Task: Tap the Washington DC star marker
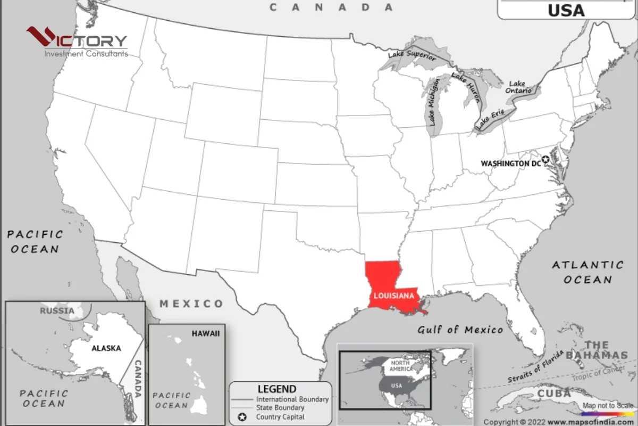point(545,159)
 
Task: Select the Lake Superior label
point(412,54)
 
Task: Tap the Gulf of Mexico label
point(460,330)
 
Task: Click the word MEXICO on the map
point(191,304)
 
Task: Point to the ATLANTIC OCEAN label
point(587,272)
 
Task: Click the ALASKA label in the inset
point(106,348)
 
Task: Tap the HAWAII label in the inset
point(205,333)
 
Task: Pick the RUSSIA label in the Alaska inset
point(57,310)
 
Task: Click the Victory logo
point(77,42)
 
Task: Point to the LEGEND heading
point(277,389)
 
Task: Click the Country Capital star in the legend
point(242,416)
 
